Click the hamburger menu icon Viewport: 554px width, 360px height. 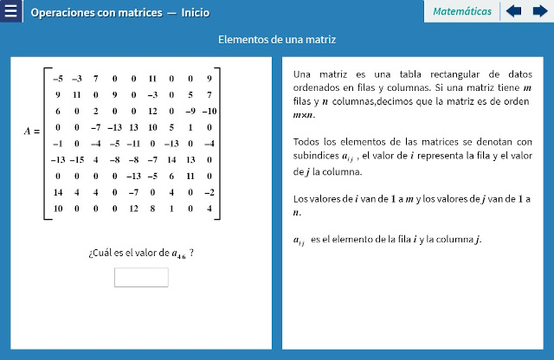pyautogui.click(x=11, y=12)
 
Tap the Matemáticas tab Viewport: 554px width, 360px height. pyautogui.click(x=461, y=11)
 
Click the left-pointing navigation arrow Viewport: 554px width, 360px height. pyautogui.click(x=513, y=11)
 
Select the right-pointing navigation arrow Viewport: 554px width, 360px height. pyautogui.click(x=539, y=11)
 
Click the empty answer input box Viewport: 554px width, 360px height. pyautogui.click(x=141, y=277)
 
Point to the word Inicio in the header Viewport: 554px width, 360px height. pyautogui.click(x=195, y=13)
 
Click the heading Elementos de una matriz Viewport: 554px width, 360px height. pyautogui.click(x=277, y=40)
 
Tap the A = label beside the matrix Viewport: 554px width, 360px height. pyautogui.click(x=32, y=132)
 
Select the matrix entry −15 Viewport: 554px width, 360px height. pyautogui.click(x=76, y=160)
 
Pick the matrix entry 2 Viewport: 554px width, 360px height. pyautogui.click(x=95, y=111)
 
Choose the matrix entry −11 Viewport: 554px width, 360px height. pyautogui.click(x=133, y=144)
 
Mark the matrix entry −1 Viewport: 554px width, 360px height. pyautogui.click(x=57, y=144)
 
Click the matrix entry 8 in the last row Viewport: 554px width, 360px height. pyautogui.click(x=151, y=209)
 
